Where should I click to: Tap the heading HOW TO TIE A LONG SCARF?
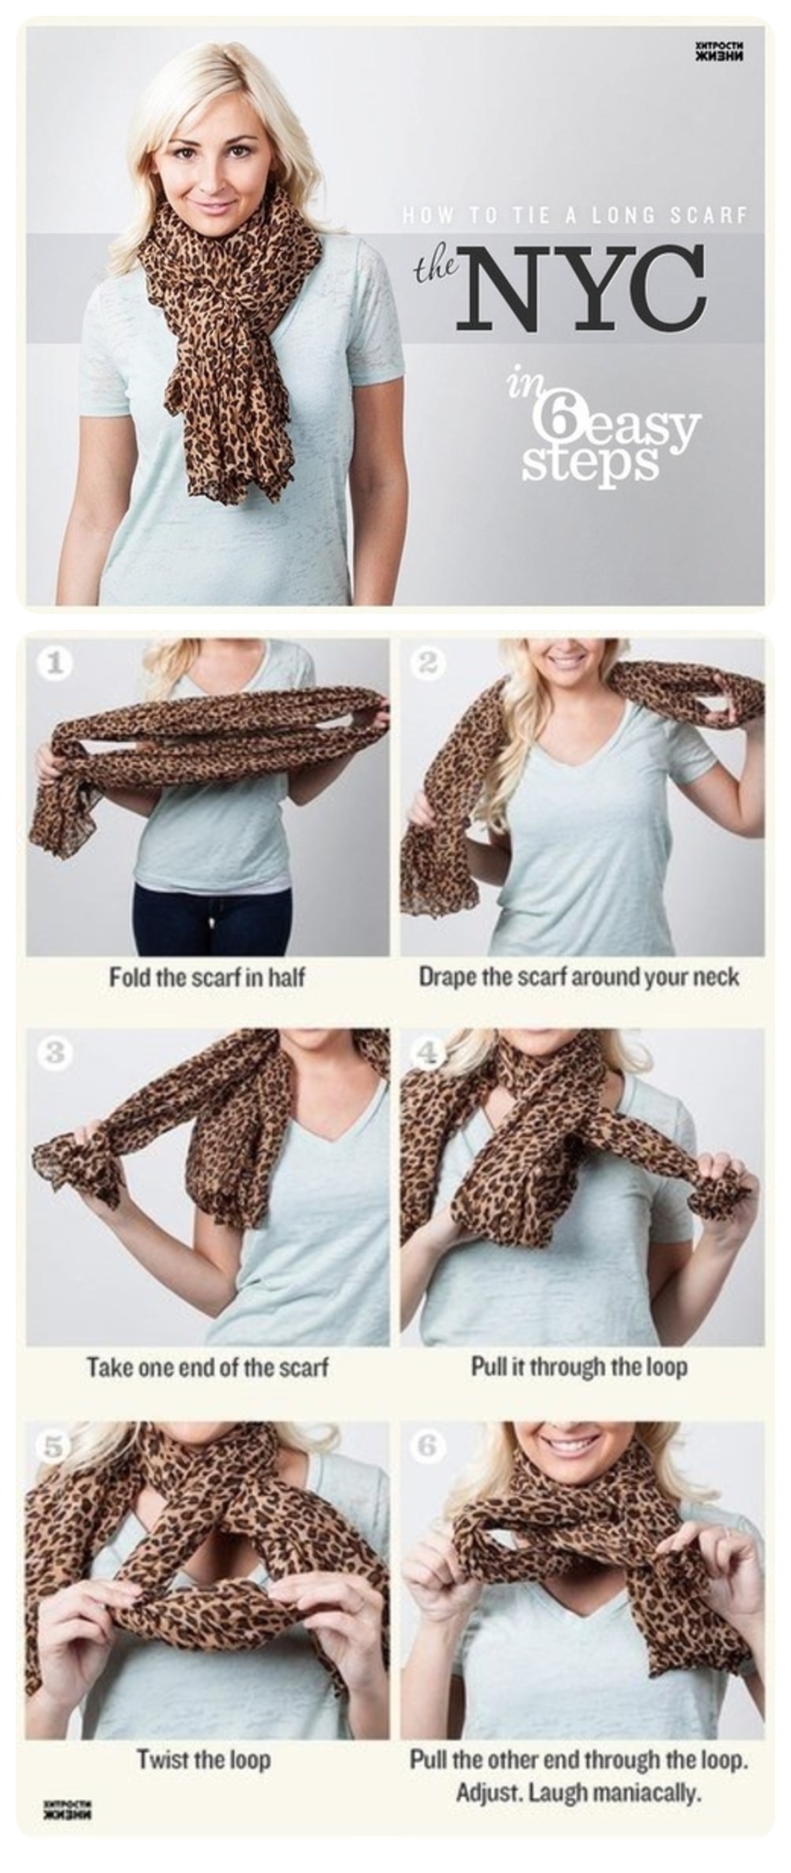574,215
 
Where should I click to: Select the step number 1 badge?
53,663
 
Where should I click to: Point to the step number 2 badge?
428,663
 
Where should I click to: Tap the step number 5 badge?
53,1447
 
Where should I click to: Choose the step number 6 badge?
428,1447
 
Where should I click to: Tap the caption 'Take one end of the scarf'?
207,1367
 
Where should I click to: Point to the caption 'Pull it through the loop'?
580,1367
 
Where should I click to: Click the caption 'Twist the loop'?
204,1760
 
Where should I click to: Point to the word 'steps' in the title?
590,463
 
